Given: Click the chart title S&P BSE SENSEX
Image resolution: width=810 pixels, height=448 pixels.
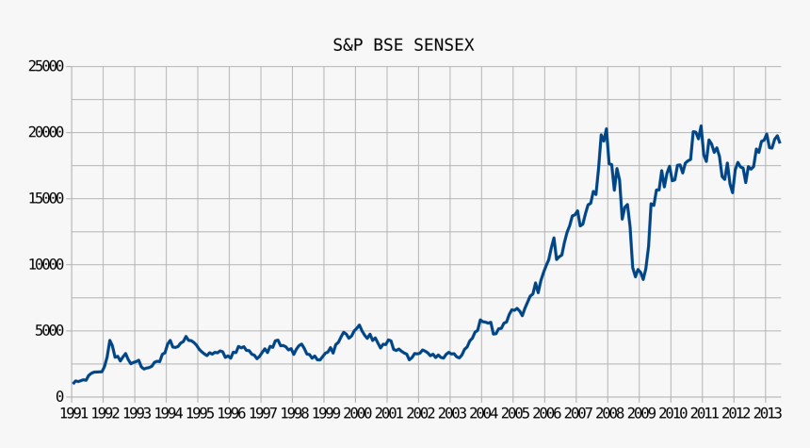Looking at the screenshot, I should pyautogui.click(x=403, y=45).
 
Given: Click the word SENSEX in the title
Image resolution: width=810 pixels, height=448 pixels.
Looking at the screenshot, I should pyautogui.click(x=443, y=45).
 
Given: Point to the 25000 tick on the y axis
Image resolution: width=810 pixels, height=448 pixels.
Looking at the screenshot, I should pyautogui.click(x=45, y=66).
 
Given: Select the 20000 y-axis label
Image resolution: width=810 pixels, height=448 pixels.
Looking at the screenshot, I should pyautogui.click(x=45, y=132).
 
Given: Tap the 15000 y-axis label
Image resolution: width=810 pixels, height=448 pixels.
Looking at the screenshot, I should pyautogui.click(x=45, y=198).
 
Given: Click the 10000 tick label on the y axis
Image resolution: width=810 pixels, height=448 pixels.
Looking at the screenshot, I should pyautogui.click(x=45, y=265).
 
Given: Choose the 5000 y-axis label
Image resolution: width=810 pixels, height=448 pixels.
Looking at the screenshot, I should pyautogui.click(x=49, y=331).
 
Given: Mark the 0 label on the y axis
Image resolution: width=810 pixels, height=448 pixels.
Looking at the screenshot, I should pyautogui.click(x=59, y=397).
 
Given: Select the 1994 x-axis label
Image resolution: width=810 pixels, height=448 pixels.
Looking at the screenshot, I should pyautogui.click(x=167, y=413).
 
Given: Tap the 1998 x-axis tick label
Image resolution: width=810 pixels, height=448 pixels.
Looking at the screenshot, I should pyautogui.click(x=293, y=413).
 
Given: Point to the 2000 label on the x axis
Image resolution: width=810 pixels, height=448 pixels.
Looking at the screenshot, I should pyautogui.click(x=356, y=413).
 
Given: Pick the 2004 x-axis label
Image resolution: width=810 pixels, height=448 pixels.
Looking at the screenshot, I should pyautogui.click(x=482, y=413).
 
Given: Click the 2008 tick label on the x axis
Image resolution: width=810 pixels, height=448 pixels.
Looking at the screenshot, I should pyautogui.click(x=608, y=413).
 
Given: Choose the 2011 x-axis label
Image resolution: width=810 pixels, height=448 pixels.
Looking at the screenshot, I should pyautogui.click(x=703, y=413).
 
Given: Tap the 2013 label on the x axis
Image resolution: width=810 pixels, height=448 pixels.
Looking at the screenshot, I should pyautogui.click(x=766, y=413).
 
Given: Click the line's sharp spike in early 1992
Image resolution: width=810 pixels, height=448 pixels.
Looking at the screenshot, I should pyautogui.click(x=109, y=340).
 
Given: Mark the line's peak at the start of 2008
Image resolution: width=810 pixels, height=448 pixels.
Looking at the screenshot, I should pyautogui.click(x=607, y=129).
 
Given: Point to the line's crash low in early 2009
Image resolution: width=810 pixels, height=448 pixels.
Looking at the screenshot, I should pyautogui.click(x=642, y=278).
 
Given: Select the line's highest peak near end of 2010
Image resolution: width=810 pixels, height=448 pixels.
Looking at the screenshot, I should pyautogui.click(x=701, y=126).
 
